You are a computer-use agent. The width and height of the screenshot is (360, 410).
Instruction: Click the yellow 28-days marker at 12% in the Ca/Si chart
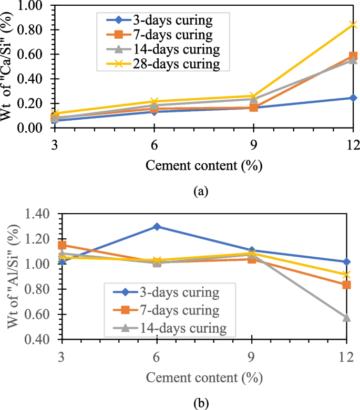point(353,25)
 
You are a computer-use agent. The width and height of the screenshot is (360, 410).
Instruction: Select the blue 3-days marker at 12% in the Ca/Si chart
point(353,98)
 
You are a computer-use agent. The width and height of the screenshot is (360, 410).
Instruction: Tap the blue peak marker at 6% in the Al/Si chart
point(157,226)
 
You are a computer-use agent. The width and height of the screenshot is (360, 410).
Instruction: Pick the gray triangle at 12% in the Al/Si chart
point(347,318)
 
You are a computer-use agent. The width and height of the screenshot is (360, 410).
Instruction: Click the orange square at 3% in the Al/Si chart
point(62,245)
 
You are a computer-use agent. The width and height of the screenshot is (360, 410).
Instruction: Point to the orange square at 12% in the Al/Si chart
point(347,285)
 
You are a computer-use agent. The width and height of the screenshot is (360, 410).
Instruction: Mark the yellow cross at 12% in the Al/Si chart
point(347,275)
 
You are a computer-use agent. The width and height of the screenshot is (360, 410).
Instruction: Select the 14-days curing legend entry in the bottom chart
point(174,328)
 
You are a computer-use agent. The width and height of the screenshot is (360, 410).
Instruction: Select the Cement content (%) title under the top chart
point(203,166)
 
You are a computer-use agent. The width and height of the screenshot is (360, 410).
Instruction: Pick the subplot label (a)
point(200,192)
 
